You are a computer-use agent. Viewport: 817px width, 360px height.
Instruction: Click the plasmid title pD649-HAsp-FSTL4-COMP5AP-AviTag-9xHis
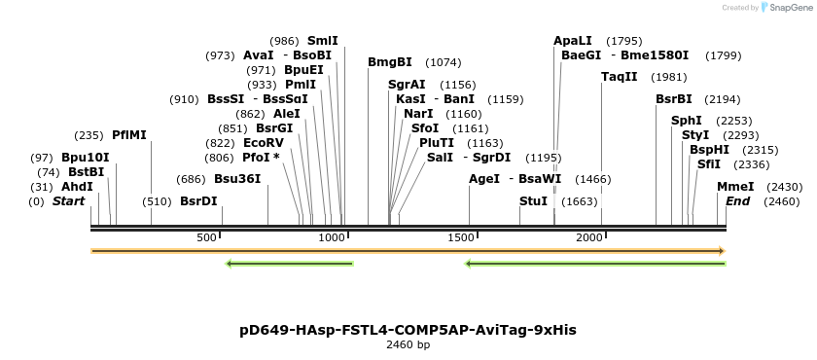[408, 330]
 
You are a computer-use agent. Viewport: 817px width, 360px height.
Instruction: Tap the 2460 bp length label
[408, 344]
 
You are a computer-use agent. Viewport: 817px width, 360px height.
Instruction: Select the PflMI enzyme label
[129, 135]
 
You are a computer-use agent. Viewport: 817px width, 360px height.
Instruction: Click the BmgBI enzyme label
[390, 62]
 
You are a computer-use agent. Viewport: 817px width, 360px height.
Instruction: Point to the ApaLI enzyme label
[572, 41]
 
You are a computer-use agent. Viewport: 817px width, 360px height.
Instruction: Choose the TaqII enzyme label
[619, 77]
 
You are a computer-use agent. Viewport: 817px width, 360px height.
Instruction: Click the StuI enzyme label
[533, 201]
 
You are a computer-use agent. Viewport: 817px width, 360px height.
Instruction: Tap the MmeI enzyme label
[734, 187]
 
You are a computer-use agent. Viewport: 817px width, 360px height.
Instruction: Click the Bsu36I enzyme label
[237, 179]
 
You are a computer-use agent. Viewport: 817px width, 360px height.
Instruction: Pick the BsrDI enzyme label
[198, 201]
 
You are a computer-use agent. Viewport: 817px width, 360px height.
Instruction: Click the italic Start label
[68, 201]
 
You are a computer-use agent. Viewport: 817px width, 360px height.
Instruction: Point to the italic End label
[737, 201]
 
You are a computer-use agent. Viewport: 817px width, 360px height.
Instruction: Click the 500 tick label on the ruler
[206, 237]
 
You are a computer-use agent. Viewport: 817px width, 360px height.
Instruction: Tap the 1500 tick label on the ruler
[461, 237]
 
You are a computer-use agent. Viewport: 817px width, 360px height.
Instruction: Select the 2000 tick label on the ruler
[589, 237]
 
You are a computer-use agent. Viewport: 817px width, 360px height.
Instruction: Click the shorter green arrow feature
[289, 263]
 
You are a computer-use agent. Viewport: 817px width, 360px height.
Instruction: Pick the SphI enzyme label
[686, 121]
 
